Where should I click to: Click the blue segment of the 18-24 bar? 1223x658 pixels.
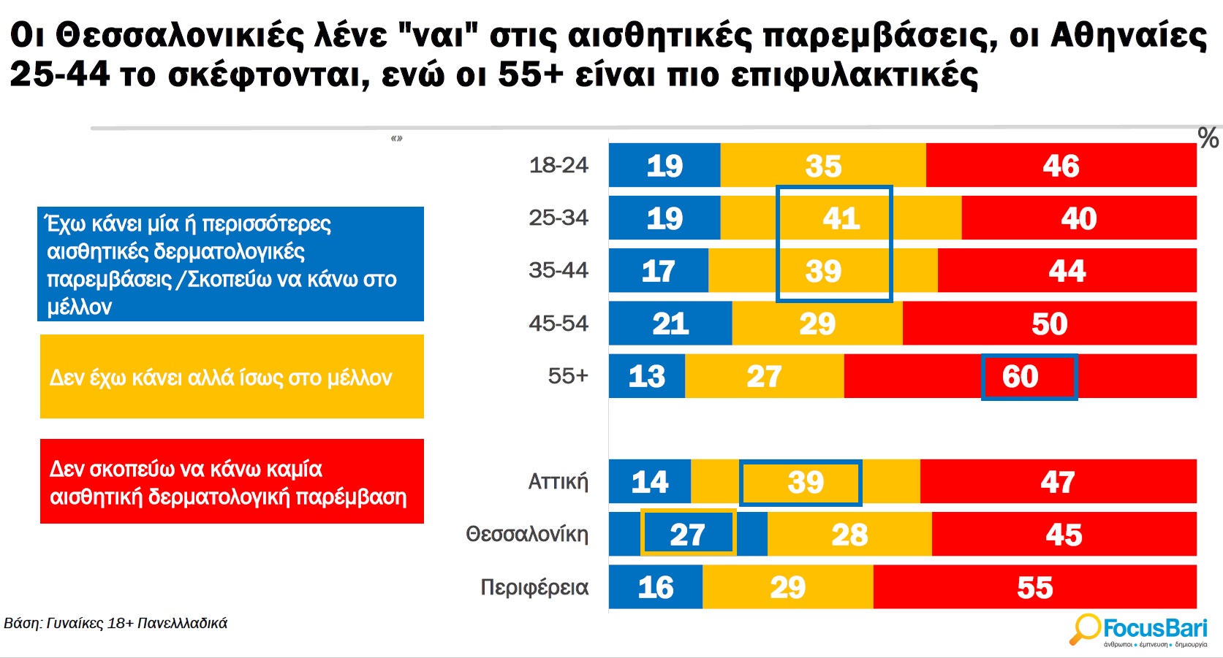[664, 166]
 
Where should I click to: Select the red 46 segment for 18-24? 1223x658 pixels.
[1061, 166]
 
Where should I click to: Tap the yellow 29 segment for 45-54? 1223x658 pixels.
[817, 324]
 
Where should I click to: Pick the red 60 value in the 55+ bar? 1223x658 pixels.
[1021, 377]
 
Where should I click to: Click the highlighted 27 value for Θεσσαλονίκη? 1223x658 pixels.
[688, 535]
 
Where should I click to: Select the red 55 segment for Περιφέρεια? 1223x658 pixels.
[1034, 587]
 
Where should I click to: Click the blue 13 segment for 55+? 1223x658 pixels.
[647, 377]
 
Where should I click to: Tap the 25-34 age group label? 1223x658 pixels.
[559, 218]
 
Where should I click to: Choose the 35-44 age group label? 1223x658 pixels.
[559, 270]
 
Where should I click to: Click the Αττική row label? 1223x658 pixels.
[559, 482]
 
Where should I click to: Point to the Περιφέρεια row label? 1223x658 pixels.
[534, 587]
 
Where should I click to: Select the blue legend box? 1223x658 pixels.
[230, 264]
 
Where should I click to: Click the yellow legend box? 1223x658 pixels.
[232, 377]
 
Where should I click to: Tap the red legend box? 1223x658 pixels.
[232, 481]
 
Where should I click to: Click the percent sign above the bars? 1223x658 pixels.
[1208, 138]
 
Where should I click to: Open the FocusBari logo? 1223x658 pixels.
[1140, 630]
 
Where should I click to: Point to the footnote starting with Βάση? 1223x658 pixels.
[116, 624]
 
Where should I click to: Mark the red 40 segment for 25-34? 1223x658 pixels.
[1078, 218]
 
